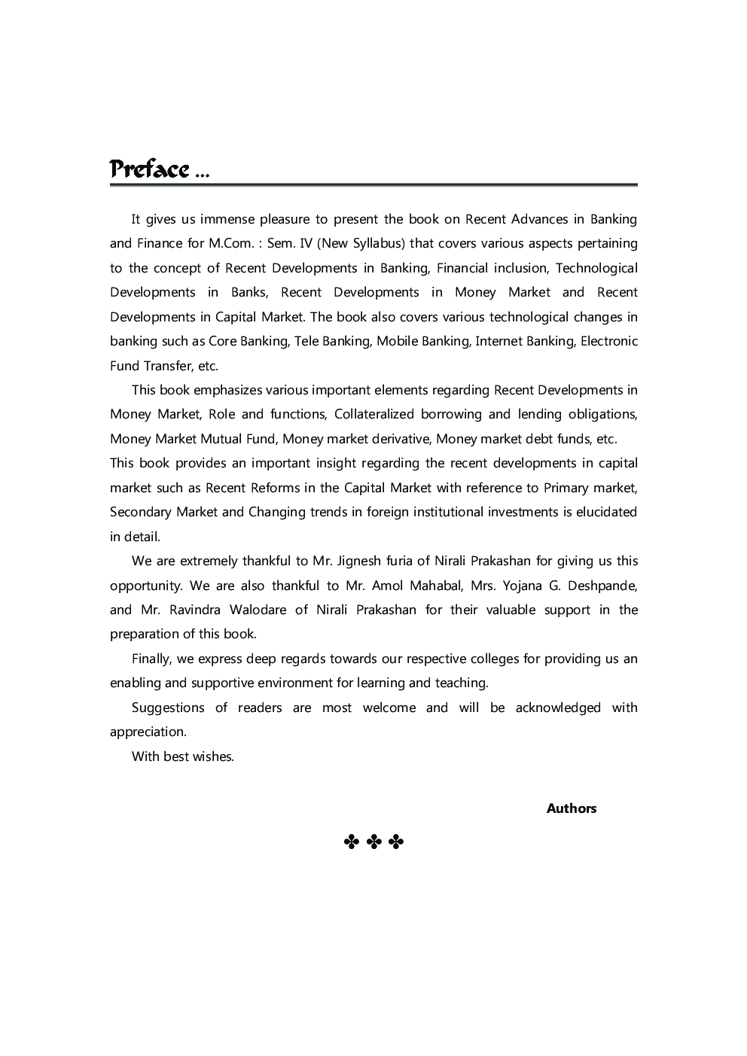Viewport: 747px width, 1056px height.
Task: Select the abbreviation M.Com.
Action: [230, 243]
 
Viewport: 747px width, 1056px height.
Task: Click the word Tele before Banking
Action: [306, 341]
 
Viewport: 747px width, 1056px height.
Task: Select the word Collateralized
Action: [373, 414]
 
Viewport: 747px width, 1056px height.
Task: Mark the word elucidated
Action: [606, 512]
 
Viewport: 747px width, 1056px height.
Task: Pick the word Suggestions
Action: [168, 708]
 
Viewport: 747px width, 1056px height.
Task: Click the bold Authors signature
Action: [571, 808]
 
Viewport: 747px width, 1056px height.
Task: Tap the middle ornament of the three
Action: [373, 841]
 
